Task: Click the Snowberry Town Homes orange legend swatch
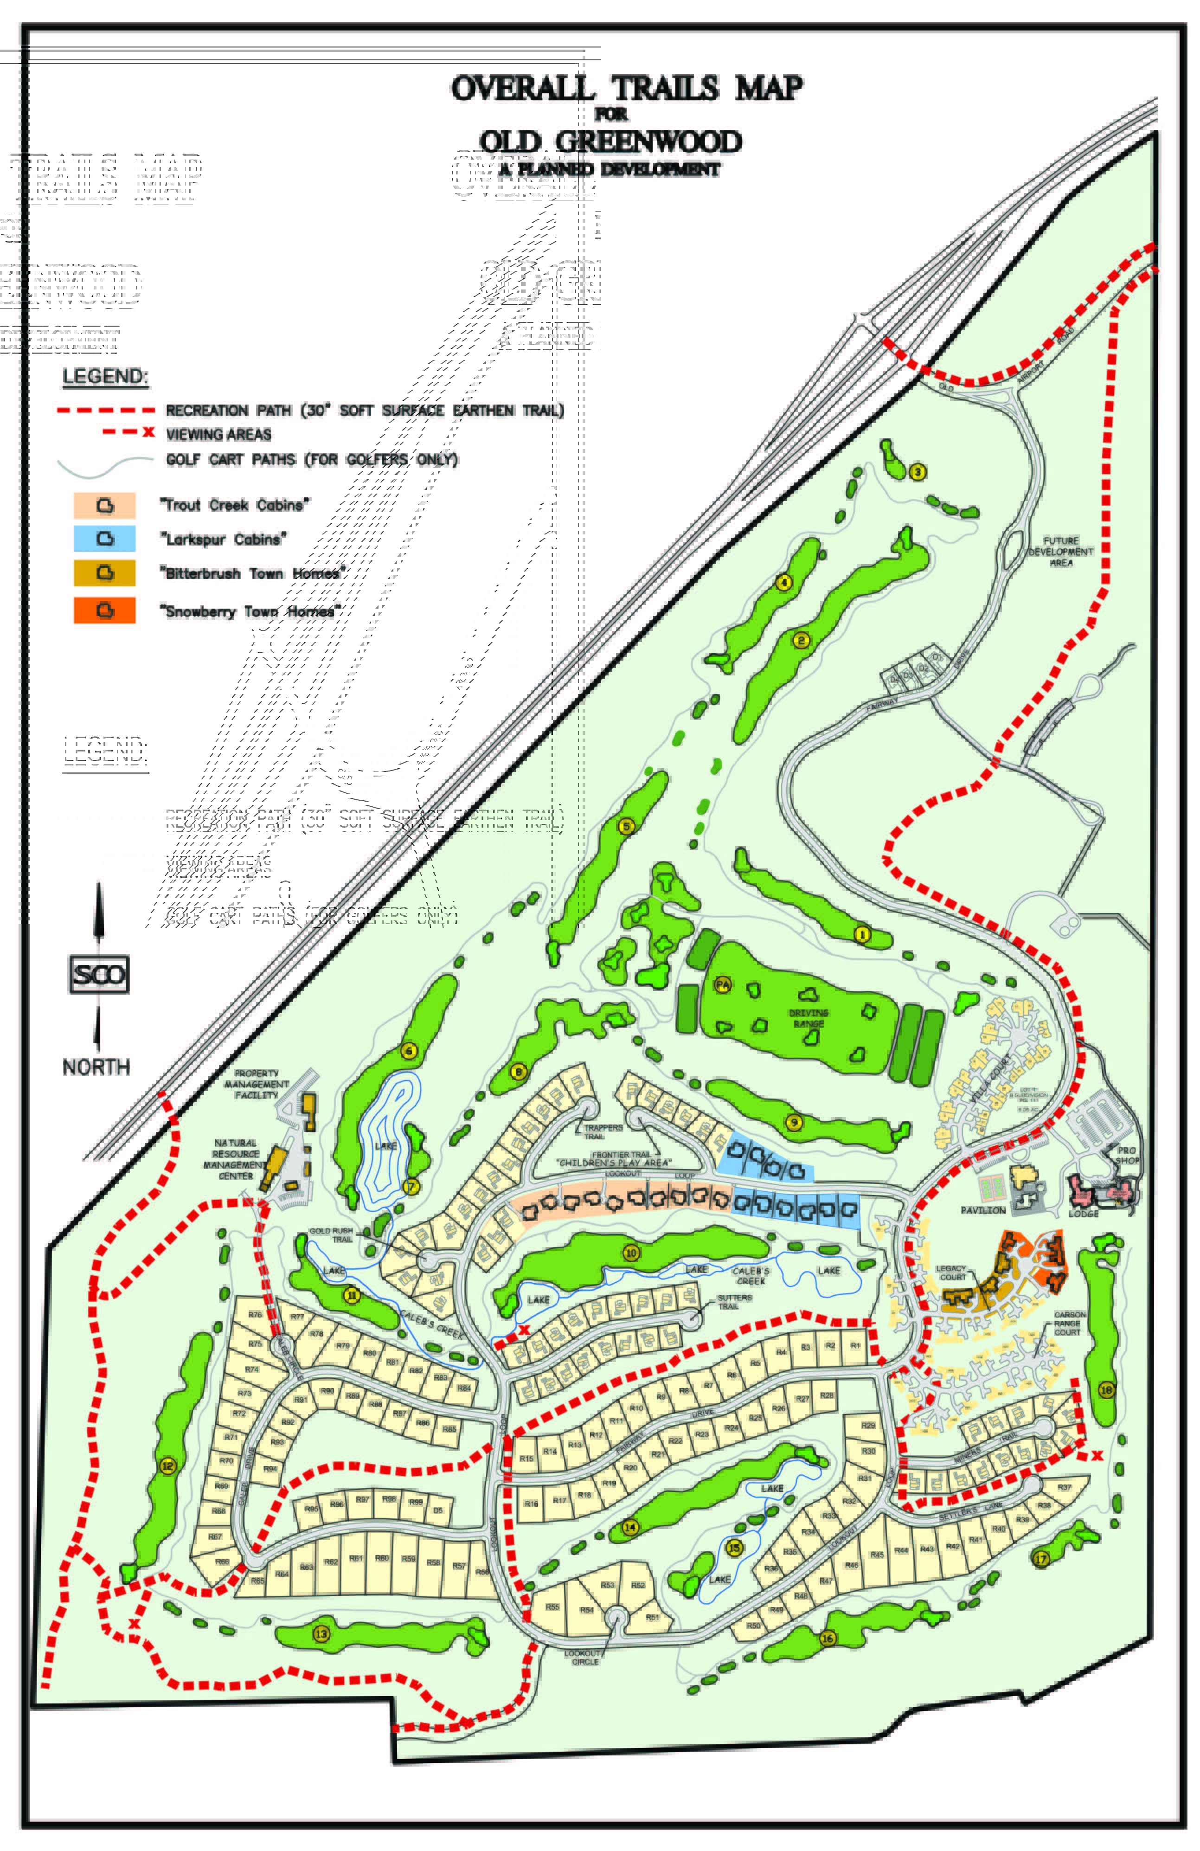pos(104,611)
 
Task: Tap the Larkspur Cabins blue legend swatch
pos(104,538)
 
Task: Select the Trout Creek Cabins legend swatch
pos(104,506)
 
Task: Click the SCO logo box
pos(99,975)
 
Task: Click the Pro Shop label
pos(1127,1155)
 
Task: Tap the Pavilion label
pos(983,1210)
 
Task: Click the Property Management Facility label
pos(256,1084)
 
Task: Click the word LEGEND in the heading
pos(105,376)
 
